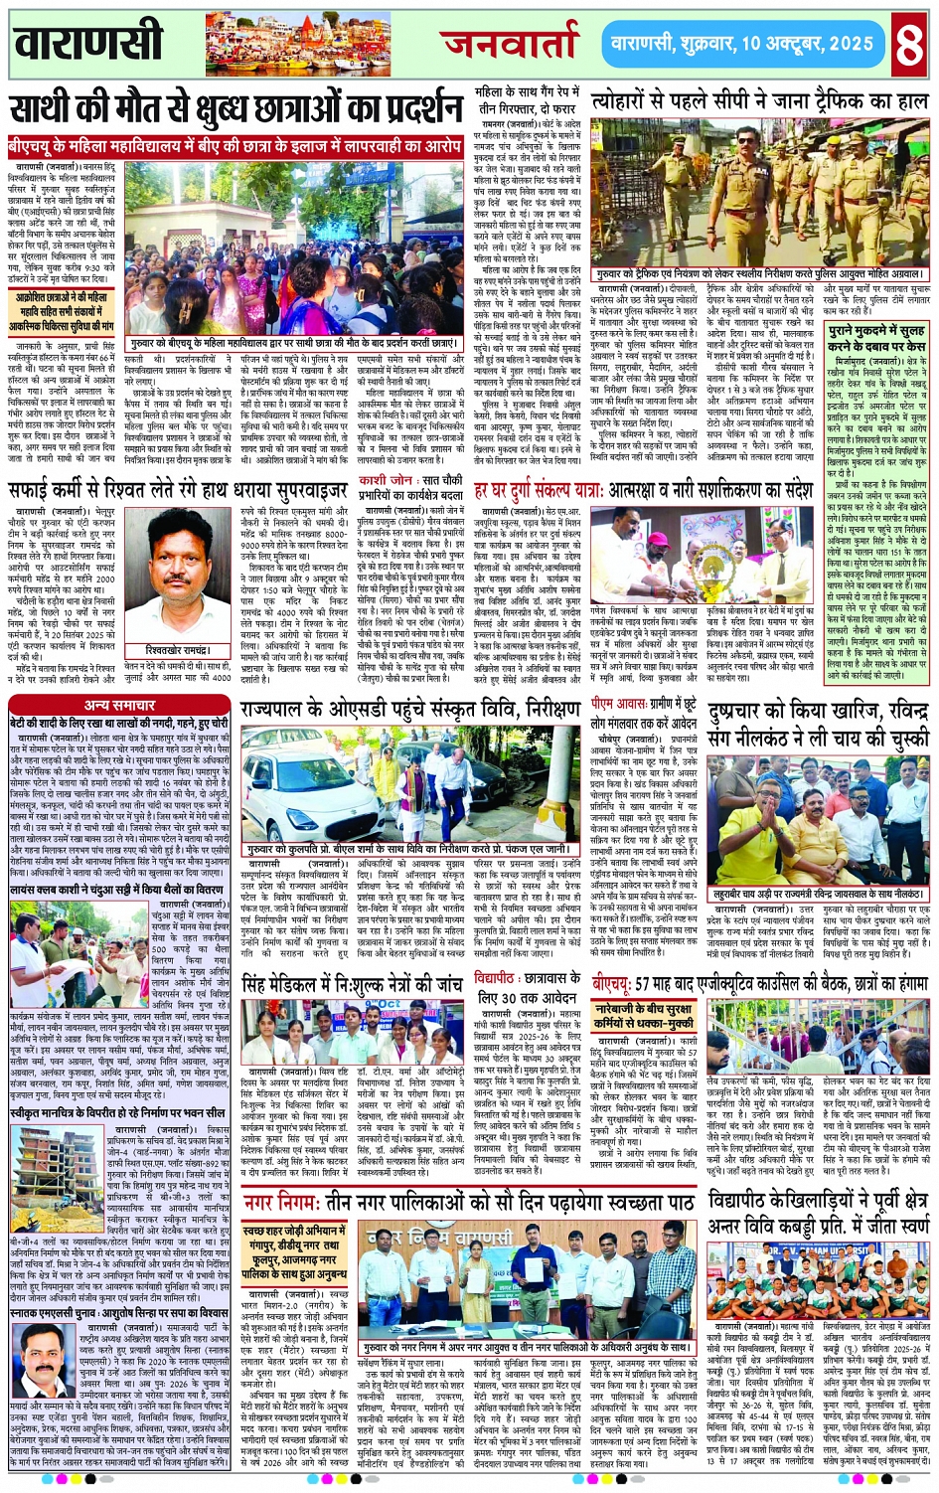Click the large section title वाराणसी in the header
(89, 44)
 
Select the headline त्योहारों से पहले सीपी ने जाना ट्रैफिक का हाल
(759, 101)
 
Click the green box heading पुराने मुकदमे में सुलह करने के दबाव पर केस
(876, 337)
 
